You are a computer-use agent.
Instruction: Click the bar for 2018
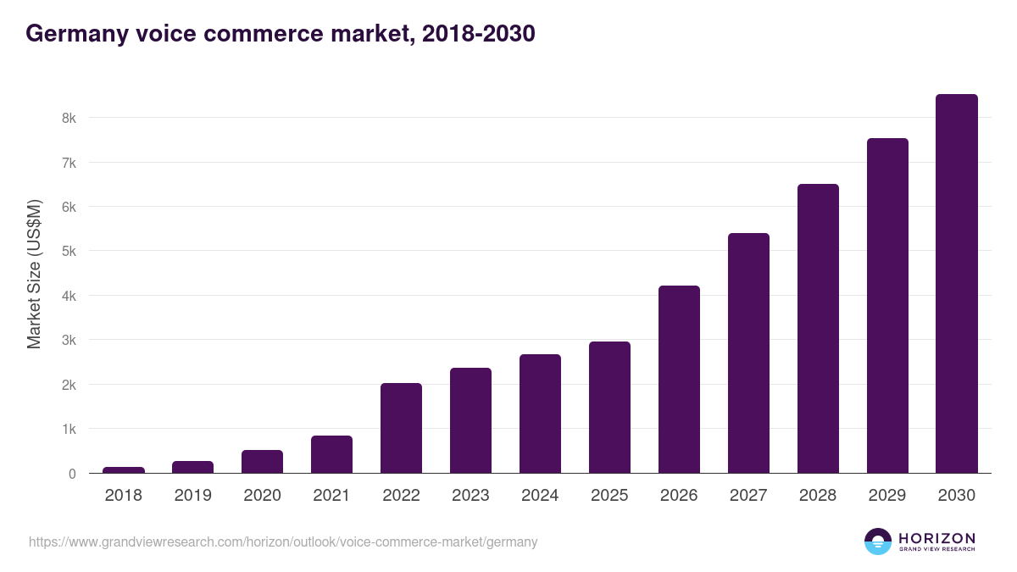tap(124, 469)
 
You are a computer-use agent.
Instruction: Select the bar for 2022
tap(401, 428)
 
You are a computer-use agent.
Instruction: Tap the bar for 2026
tap(679, 380)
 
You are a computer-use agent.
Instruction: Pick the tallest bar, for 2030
tap(957, 284)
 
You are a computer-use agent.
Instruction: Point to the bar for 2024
tap(540, 414)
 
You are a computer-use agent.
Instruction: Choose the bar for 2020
tap(262, 461)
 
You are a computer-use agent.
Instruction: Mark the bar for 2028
tap(818, 329)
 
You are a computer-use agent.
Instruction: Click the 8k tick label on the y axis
tap(69, 118)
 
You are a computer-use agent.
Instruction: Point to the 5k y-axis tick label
tap(69, 252)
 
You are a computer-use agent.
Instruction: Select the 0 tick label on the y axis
tap(72, 474)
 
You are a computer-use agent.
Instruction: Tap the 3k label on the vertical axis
tap(69, 341)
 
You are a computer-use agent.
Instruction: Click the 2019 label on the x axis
tap(193, 496)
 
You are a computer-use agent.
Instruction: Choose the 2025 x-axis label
tap(609, 496)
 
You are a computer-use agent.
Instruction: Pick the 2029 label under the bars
tap(887, 496)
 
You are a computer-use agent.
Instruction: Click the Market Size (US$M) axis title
tap(34, 274)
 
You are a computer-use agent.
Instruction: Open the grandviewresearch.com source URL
tap(283, 541)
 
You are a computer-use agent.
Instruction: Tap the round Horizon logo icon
tap(878, 541)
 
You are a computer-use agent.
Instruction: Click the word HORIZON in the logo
tap(936, 538)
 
